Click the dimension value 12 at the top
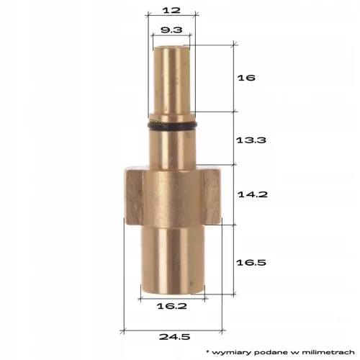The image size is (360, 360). (171, 10)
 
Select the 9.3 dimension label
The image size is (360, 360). (171, 30)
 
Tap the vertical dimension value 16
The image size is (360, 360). (246, 78)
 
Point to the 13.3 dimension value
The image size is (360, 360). (251, 140)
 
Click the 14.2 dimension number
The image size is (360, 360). (253, 194)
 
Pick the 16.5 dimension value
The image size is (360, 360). (251, 262)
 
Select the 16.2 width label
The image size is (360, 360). (172, 306)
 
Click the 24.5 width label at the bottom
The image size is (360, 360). (174, 337)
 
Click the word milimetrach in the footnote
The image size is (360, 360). (328, 352)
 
